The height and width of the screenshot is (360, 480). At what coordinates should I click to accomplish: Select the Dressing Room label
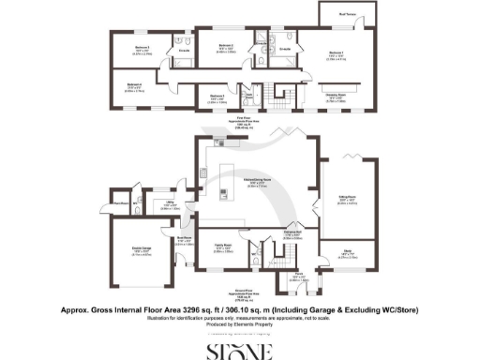tap(334, 95)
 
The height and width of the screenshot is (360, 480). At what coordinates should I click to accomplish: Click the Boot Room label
tap(184, 238)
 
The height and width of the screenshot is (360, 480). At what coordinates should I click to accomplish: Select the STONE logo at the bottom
tap(240, 351)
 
